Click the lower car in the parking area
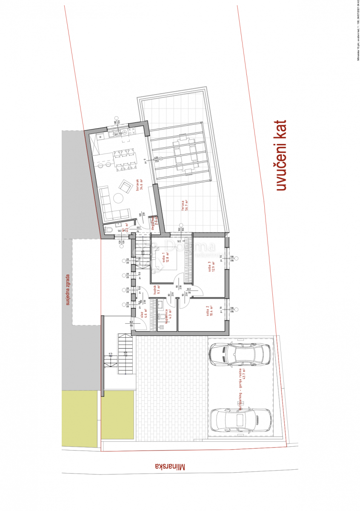tap(240, 419)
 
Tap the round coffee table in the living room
tap(117, 198)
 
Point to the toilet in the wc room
tap(108, 230)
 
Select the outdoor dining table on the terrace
tap(184, 153)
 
